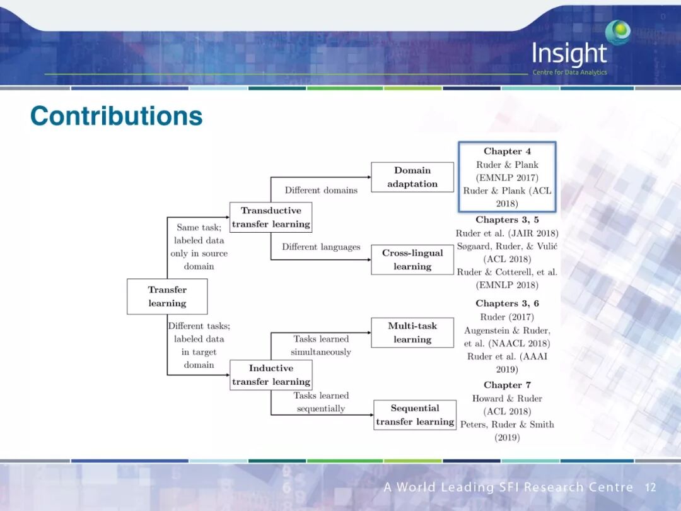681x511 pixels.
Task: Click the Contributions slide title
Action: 117,116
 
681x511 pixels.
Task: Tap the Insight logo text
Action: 569,54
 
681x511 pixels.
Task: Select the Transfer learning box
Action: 167,297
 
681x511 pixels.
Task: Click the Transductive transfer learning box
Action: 271,218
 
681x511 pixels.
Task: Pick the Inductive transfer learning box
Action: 271,375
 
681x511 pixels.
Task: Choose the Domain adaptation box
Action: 412,177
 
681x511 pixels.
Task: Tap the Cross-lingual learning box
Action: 412,260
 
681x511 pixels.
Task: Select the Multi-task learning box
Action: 412,332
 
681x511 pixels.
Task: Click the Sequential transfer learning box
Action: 415,415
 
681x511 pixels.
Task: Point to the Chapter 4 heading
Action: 507,151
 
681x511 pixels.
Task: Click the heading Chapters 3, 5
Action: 507,220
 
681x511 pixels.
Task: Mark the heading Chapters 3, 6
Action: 507,303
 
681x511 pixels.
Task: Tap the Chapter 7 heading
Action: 507,385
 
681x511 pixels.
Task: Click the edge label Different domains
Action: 321,190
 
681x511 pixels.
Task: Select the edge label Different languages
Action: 321,247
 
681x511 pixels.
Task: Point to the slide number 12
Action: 650,488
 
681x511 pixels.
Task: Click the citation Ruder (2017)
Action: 507,317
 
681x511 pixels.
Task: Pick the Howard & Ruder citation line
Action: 507,399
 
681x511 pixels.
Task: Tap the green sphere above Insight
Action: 618,32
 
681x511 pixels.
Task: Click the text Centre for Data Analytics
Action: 569,73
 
